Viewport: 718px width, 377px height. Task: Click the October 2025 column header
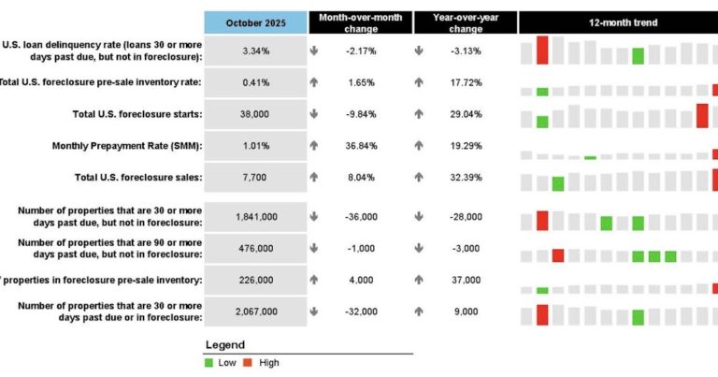pyautogui.click(x=255, y=22)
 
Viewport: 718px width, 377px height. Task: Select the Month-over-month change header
pyautogui.click(x=360, y=22)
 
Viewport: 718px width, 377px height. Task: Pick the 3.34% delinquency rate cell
pyautogui.click(x=255, y=51)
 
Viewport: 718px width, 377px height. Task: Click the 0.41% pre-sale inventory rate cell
pyautogui.click(x=255, y=83)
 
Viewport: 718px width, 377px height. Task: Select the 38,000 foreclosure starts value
pyautogui.click(x=255, y=113)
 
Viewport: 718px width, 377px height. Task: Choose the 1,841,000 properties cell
pyautogui.click(x=255, y=216)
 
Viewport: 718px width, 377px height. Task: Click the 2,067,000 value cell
pyautogui.click(x=255, y=312)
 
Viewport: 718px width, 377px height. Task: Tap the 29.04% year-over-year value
pyautogui.click(x=465, y=113)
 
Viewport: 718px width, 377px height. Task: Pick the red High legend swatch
pyautogui.click(x=249, y=363)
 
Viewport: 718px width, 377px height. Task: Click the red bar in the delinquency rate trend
pyautogui.click(x=542, y=51)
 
